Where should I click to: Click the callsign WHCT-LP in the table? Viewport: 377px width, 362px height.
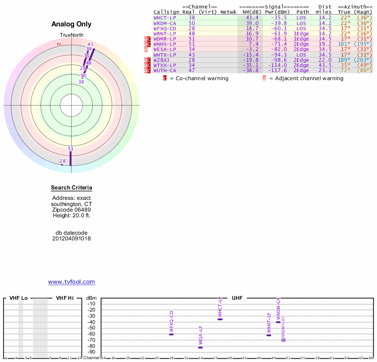[x=164, y=17]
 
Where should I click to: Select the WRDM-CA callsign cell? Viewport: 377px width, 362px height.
[x=164, y=23]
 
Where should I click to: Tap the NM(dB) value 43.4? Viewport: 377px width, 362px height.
[x=252, y=17]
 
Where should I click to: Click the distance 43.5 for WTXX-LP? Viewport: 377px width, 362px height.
[x=325, y=66]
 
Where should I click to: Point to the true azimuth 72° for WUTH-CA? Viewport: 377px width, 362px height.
[x=345, y=71]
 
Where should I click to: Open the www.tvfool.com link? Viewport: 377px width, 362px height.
[x=72, y=282]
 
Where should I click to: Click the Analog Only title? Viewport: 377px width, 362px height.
[x=72, y=24]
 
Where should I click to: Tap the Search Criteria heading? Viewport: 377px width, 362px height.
[x=72, y=188]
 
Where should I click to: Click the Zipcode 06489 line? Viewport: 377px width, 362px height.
[x=72, y=210]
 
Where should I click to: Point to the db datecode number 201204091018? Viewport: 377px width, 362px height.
[x=72, y=239]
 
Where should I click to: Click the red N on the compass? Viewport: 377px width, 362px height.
[x=59, y=44]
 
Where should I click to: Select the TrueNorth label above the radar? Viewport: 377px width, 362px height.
[x=71, y=35]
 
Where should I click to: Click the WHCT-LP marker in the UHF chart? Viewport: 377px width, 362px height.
[x=220, y=319]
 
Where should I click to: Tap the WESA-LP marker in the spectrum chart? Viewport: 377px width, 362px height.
[x=200, y=347]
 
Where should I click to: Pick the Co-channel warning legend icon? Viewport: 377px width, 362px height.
[x=165, y=78]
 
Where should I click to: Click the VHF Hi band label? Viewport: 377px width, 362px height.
[x=65, y=298]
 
